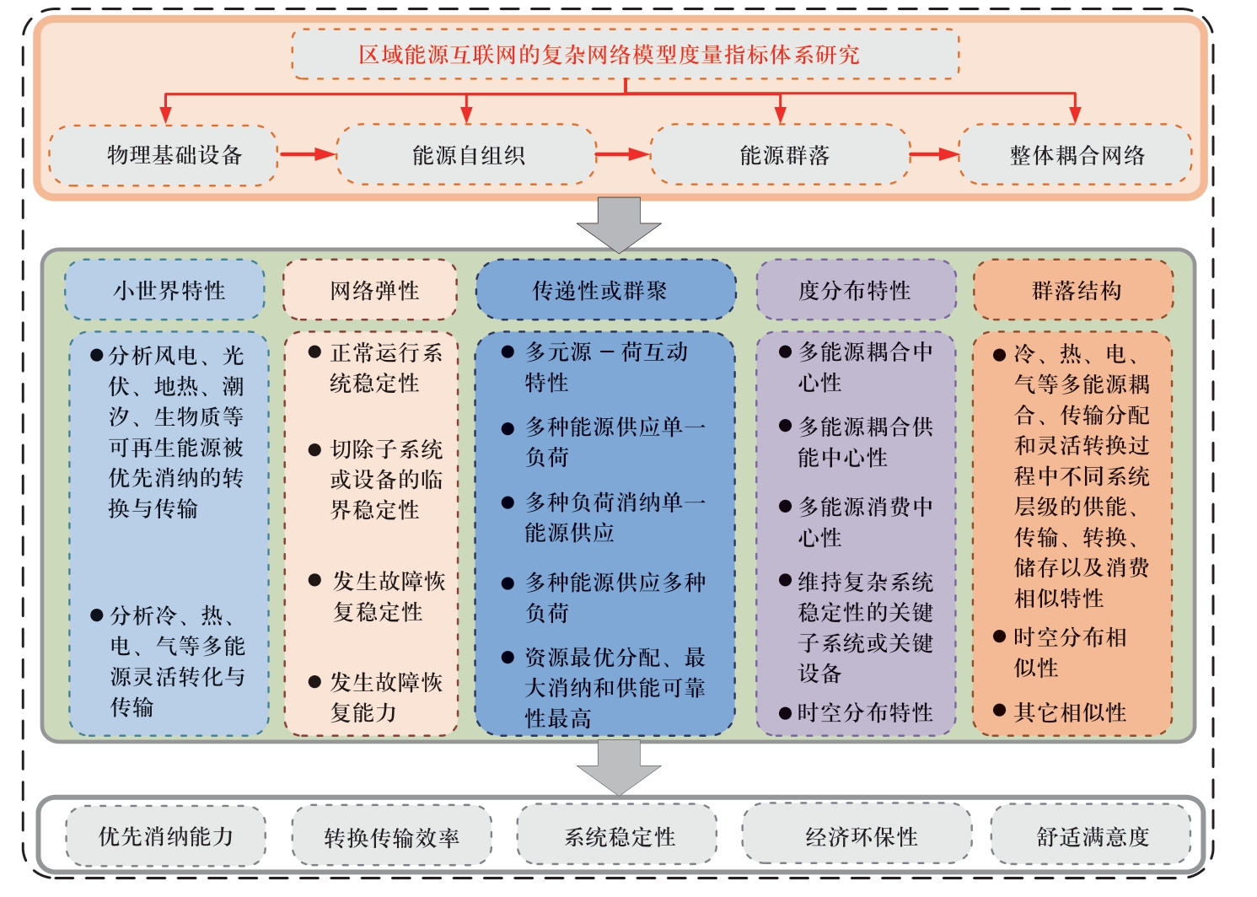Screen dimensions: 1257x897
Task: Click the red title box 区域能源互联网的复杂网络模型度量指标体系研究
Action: [x=626, y=54]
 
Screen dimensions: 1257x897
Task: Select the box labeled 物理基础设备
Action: [x=164, y=155]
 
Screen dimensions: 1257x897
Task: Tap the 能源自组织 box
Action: [x=465, y=155]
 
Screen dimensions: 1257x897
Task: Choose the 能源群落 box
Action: [x=781, y=155]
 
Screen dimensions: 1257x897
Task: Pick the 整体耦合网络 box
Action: [x=1076, y=155]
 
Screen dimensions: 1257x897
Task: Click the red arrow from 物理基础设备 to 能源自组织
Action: [x=308, y=153]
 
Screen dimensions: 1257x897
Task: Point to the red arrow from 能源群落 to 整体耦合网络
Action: [x=935, y=153]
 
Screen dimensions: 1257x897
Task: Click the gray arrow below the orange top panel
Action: [x=619, y=224]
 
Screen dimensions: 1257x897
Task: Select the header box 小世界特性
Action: [x=165, y=290]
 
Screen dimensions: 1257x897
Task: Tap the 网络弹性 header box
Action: [x=370, y=290]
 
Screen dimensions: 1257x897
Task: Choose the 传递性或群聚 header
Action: [x=606, y=290]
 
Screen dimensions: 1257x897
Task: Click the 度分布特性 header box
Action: [x=857, y=290]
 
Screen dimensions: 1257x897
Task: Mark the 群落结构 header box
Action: [x=1073, y=290]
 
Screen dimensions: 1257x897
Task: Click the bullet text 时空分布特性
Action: [x=865, y=712]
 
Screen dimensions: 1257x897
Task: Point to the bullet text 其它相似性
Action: [x=1070, y=712]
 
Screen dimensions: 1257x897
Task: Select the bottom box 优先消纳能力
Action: [x=165, y=835]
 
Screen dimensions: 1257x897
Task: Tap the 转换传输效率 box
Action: [x=392, y=835]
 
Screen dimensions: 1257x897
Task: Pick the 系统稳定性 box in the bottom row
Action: [x=617, y=835]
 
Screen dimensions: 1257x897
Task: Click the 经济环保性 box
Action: [x=857, y=835]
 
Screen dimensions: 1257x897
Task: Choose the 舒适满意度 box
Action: [x=1092, y=835]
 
